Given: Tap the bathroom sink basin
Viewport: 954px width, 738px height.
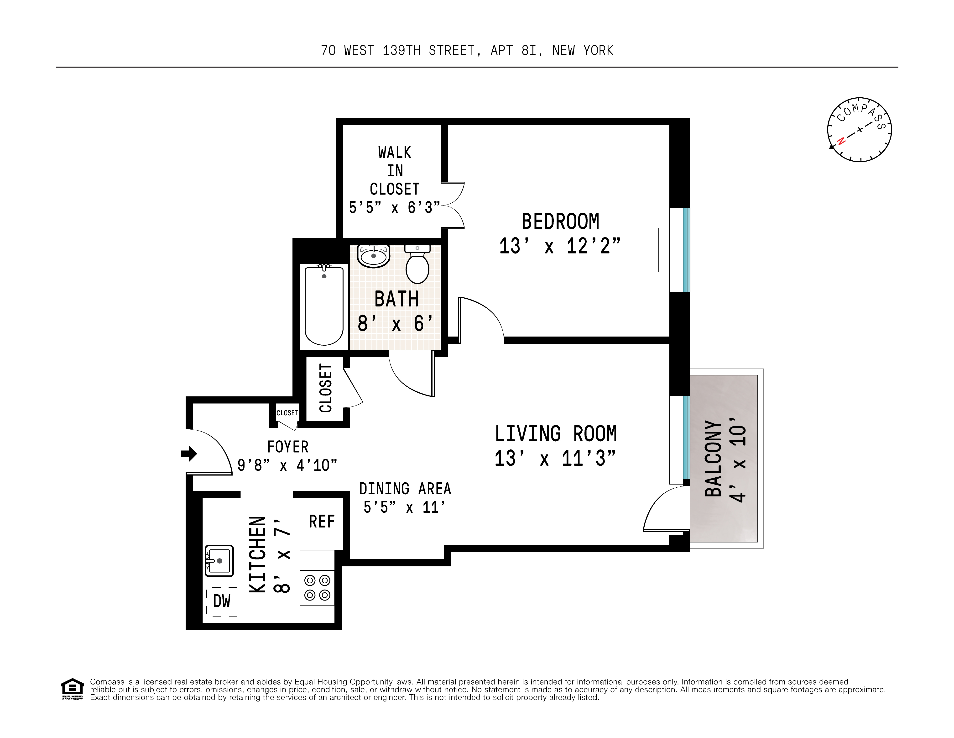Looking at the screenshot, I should [x=374, y=256].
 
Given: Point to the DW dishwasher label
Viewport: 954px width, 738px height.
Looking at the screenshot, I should [x=221, y=601].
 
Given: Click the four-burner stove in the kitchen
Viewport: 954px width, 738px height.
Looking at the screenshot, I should [x=317, y=588].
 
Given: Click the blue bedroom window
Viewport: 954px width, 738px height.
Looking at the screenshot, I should [x=686, y=250].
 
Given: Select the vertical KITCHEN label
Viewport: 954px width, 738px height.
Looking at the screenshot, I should [x=258, y=555].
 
